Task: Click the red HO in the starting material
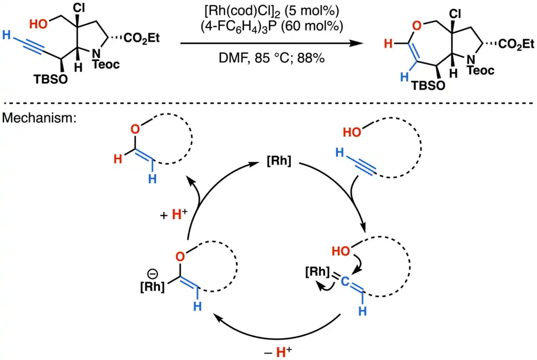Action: (39, 25)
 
